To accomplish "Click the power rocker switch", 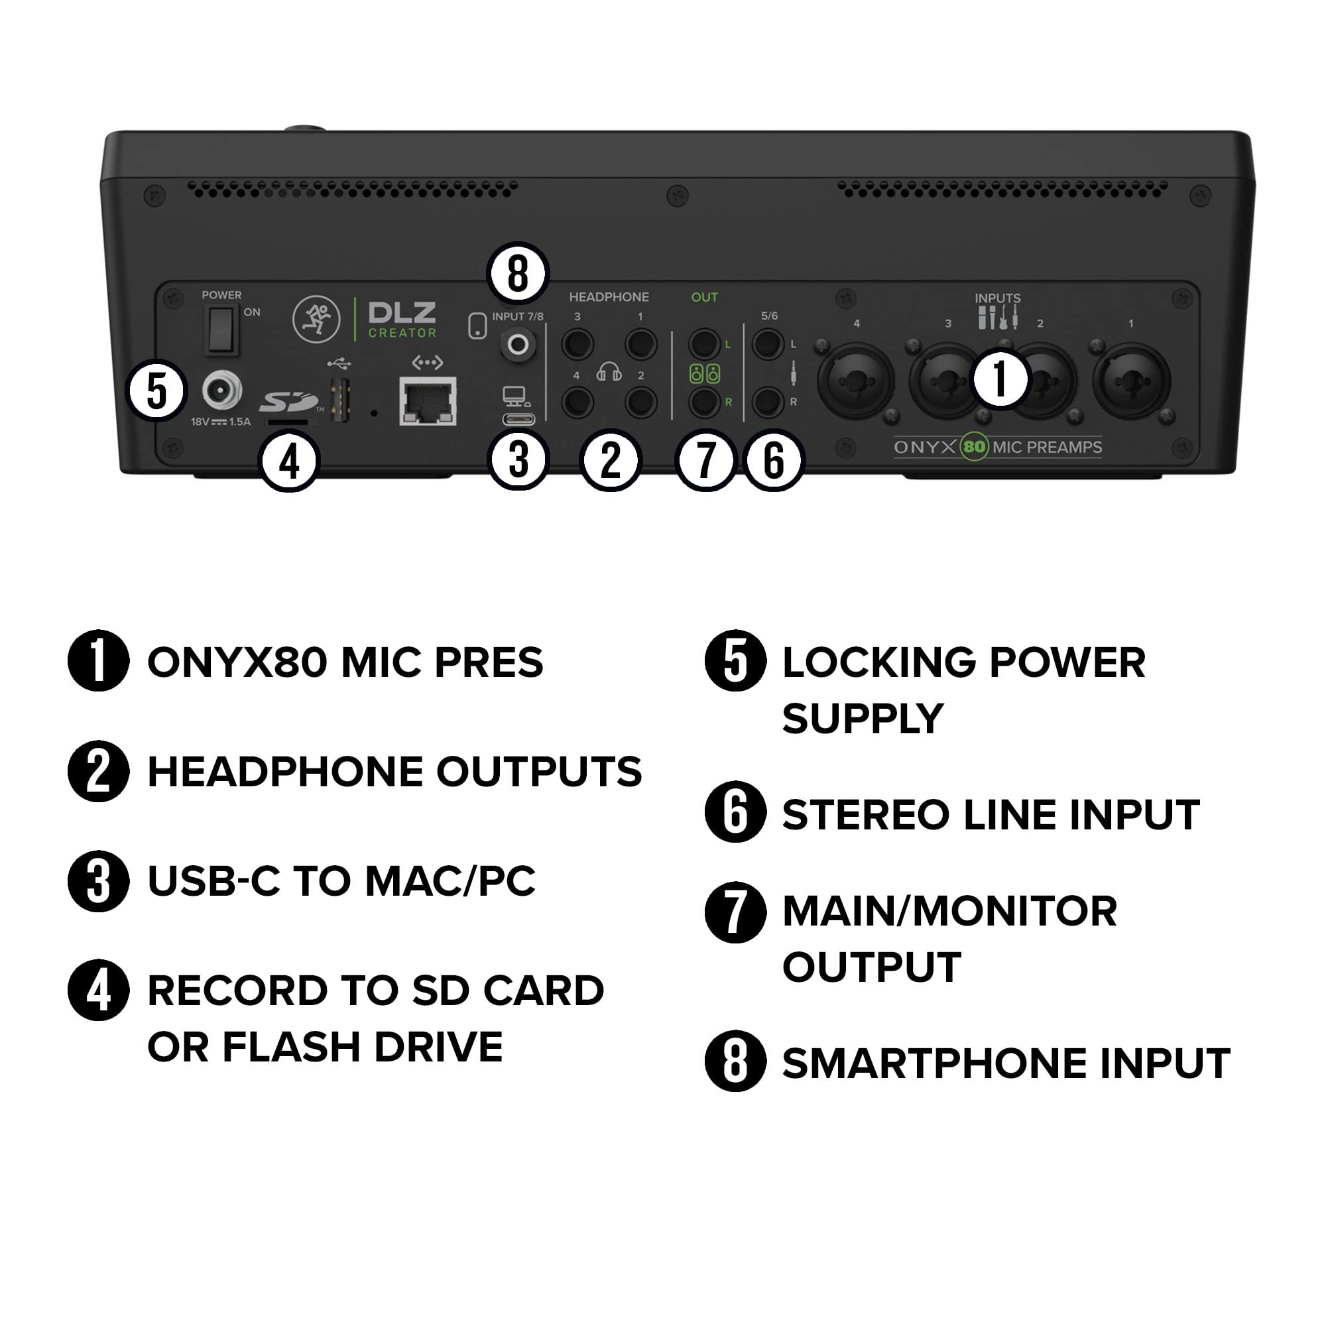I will click(x=221, y=330).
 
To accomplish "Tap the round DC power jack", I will click(x=221, y=391).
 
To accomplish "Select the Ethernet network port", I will click(x=428, y=401).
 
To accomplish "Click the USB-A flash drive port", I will click(x=340, y=399).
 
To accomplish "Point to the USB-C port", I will click(x=519, y=418).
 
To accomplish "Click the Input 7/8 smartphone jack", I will click(x=518, y=345).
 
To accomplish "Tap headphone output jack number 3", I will click(x=577, y=344).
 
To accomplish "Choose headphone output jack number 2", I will click(x=641, y=402).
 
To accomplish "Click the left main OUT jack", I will click(x=703, y=344).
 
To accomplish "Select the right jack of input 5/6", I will click(x=767, y=402).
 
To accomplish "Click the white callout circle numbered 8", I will click(x=518, y=273).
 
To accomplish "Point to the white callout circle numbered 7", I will click(x=705, y=460).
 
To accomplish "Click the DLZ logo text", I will click(x=402, y=313).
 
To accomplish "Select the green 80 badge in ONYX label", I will click(x=974, y=448).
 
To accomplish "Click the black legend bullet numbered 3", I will click(x=99, y=880).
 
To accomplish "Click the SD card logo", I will click(x=288, y=402).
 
